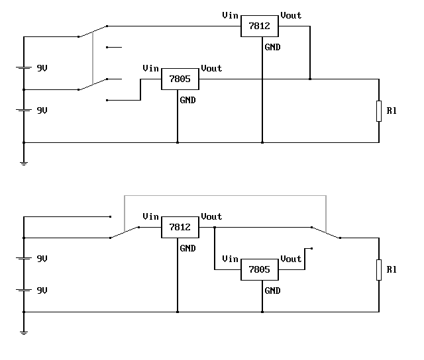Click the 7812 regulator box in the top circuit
260,26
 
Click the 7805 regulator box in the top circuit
180,79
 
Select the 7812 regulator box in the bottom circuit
180,227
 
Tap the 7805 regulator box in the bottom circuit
260,269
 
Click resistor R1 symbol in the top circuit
379,111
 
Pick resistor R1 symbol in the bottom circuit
379,270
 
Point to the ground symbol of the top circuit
24,163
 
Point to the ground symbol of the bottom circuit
24,333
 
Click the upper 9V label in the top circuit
42,68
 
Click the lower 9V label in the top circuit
42,111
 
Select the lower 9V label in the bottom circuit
42,291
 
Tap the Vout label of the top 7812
291,15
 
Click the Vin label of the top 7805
150,68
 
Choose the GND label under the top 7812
272,47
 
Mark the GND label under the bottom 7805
272,291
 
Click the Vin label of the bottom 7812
150,216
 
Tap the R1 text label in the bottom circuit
392,269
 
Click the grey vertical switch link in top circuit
93,58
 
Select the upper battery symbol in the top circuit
24,67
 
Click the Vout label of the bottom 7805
291,259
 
